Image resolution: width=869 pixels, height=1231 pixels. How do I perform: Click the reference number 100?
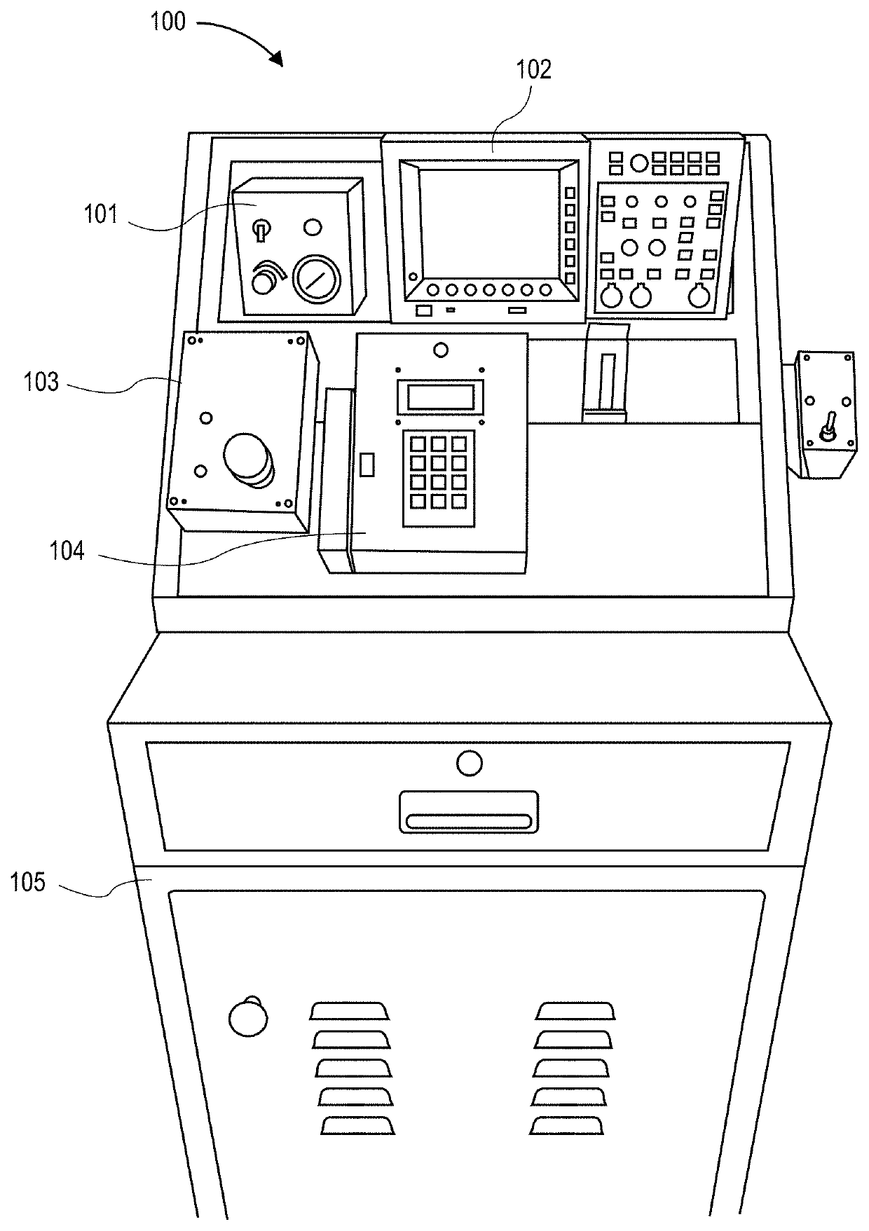pyautogui.click(x=168, y=22)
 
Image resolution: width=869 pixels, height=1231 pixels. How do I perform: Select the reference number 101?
pyautogui.click(x=102, y=214)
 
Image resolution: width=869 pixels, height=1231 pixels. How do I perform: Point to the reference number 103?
pyautogui.click(x=41, y=383)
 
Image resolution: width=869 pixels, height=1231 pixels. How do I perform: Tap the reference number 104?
pyautogui.click(x=67, y=551)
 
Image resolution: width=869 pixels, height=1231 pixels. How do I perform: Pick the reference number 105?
pyautogui.click(x=28, y=882)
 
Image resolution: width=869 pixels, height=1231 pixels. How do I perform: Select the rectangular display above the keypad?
pyautogui.click(x=440, y=397)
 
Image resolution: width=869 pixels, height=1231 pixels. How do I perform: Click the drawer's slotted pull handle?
pyautogui.click(x=469, y=812)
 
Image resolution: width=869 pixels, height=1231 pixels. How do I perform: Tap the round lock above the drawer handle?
pyautogui.click(x=469, y=762)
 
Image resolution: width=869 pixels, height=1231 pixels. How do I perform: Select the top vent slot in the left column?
pyautogui.click(x=350, y=1010)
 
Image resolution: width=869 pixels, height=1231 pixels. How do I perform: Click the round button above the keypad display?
pyautogui.click(x=441, y=349)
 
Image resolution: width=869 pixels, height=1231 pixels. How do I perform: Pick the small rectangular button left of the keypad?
pyautogui.click(x=367, y=465)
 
